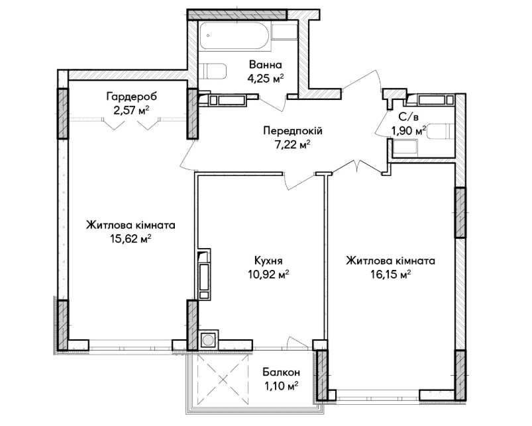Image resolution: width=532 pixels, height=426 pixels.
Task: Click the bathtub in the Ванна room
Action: coord(235,36)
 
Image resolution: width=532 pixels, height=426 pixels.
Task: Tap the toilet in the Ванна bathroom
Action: coord(213,71)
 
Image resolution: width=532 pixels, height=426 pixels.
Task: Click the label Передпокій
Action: coord(293,131)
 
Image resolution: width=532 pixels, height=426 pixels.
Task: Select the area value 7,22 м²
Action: coord(293,145)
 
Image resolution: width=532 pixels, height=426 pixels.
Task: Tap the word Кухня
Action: coord(268,261)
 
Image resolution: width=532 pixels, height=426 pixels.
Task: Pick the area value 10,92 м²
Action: coord(268,275)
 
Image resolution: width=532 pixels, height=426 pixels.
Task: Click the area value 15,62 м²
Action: coord(131,239)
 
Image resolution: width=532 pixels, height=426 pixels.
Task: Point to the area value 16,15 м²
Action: coord(390,275)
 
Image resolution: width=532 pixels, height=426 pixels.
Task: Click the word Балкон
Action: coord(282,372)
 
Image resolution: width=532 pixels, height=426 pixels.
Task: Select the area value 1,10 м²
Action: coord(282,386)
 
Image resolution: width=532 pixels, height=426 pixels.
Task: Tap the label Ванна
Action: coord(265,64)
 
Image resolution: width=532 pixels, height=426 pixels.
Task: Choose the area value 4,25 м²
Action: coord(265,79)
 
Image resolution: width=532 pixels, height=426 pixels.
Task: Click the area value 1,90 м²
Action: coord(409,131)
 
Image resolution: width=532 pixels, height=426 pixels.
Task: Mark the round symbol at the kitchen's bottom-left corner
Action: coord(207,339)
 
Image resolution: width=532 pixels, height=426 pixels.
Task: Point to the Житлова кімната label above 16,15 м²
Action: coord(390,261)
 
